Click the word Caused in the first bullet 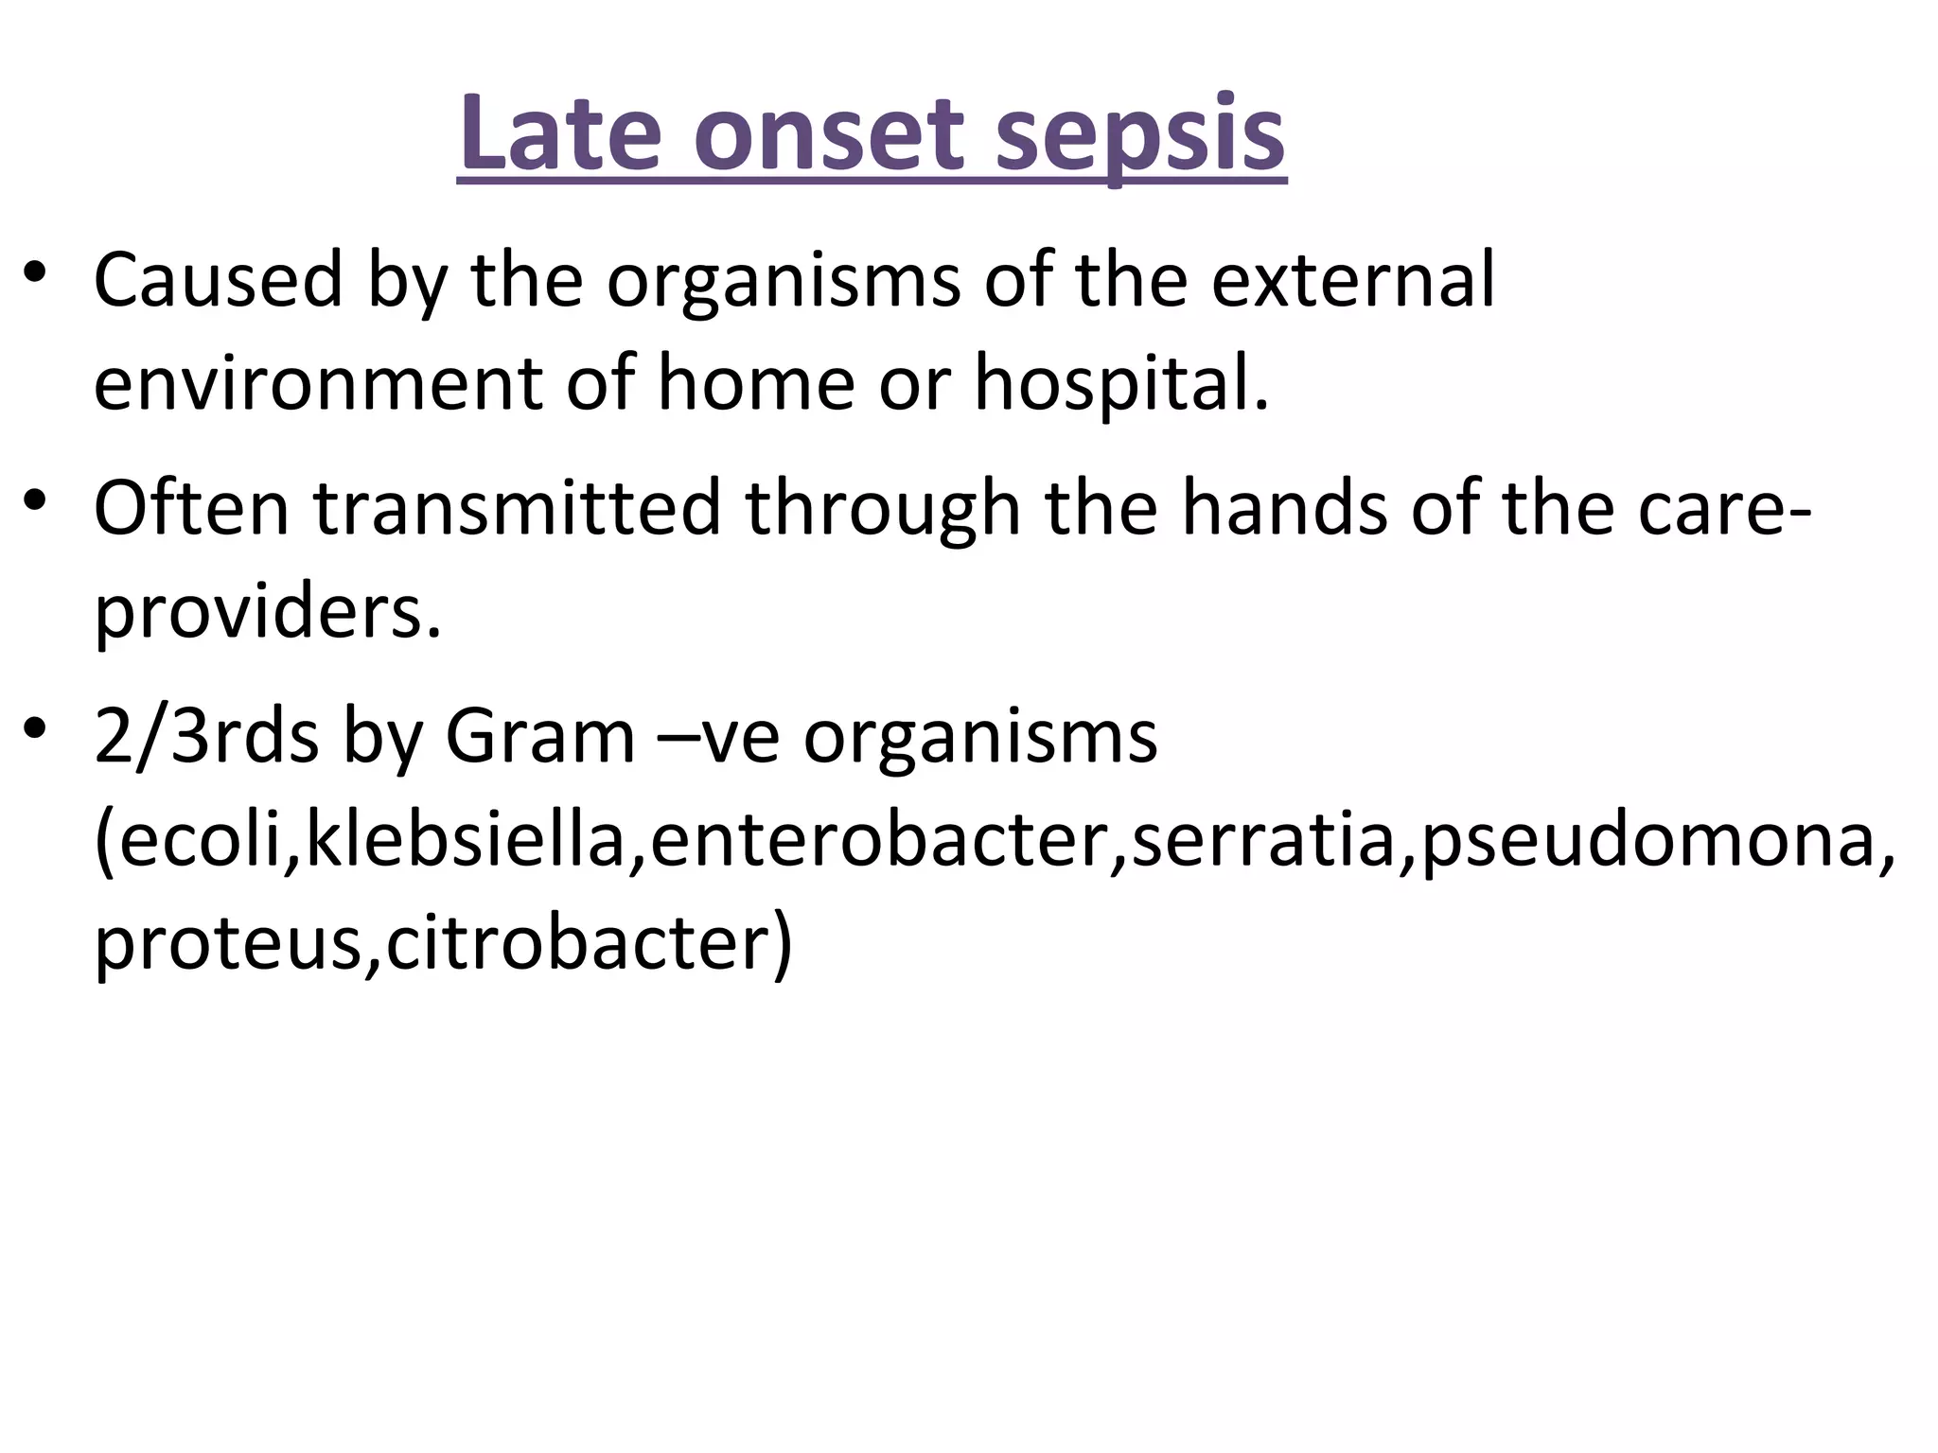click(218, 280)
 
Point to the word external click(1353, 280)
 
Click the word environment click(317, 384)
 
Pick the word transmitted click(517, 508)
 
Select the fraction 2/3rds click(206, 737)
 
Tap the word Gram click(539, 737)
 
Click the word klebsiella click(465, 840)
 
